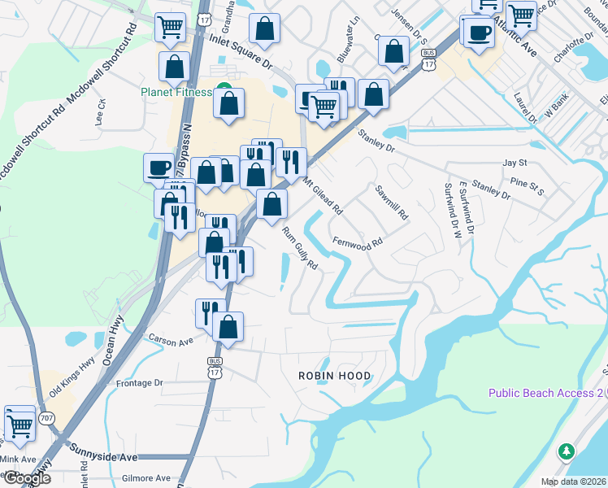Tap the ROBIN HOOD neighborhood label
[x=334, y=376]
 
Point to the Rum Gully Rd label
[x=299, y=249]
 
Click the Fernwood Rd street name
[x=358, y=243]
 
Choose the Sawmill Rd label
[x=391, y=204]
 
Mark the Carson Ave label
[x=169, y=340]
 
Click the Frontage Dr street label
[x=141, y=382]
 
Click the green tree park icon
[x=567, y=451]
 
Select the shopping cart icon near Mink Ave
[x=20, y=424]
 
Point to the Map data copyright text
[x=572, y=481]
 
